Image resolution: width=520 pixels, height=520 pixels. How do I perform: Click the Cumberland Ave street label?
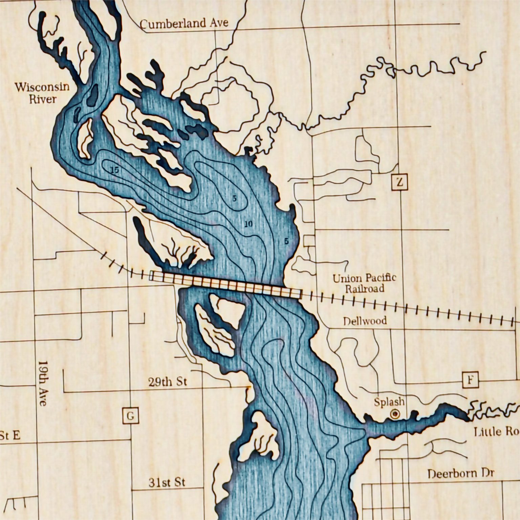tap(184, 24)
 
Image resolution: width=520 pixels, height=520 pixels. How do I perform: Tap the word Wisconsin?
tap(42, 87)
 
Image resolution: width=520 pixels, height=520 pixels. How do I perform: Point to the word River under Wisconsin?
tap(42, 99)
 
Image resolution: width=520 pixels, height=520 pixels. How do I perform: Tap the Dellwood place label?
tap(365, 321)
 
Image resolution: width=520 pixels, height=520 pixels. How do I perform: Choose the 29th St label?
tap(167, 382)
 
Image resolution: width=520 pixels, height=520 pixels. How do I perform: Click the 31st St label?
tap(167, 482)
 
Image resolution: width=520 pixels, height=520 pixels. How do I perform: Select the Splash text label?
tap(389, 402)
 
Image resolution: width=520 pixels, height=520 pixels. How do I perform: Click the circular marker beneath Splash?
tap(394, 414)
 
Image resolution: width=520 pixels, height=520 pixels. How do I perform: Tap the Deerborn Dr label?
tap(460, 473)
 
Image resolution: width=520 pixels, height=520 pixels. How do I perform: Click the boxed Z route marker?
tap(399, 183)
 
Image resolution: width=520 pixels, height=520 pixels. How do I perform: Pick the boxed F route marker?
tap(471, 380)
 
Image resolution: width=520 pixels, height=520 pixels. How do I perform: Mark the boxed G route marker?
tap(130, 415)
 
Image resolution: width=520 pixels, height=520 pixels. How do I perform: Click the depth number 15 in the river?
tap(115, 170)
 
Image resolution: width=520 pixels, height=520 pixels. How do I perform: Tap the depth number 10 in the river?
tap(248, 224)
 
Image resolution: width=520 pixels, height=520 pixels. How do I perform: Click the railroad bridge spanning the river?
tap(225, 284)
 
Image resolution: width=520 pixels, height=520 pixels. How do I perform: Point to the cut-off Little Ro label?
tap(496, 432)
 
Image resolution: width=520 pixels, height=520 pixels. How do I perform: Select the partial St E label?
tap(10, 435)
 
